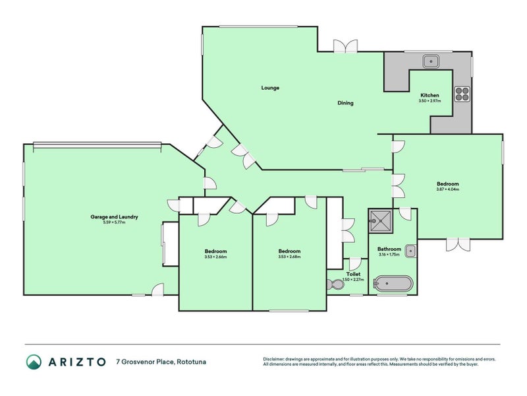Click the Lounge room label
270,88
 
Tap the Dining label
345,103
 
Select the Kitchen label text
430,95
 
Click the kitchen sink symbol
431,61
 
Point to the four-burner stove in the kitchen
462,94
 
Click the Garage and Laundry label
114,216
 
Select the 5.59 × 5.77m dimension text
114,222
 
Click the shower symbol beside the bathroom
380,221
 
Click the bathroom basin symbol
410,250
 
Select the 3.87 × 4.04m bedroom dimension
447,189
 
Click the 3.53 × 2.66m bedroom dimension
215,257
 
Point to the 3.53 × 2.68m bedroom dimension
289,257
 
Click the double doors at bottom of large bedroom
456,244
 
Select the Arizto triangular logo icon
34,361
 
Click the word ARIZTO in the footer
76,362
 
